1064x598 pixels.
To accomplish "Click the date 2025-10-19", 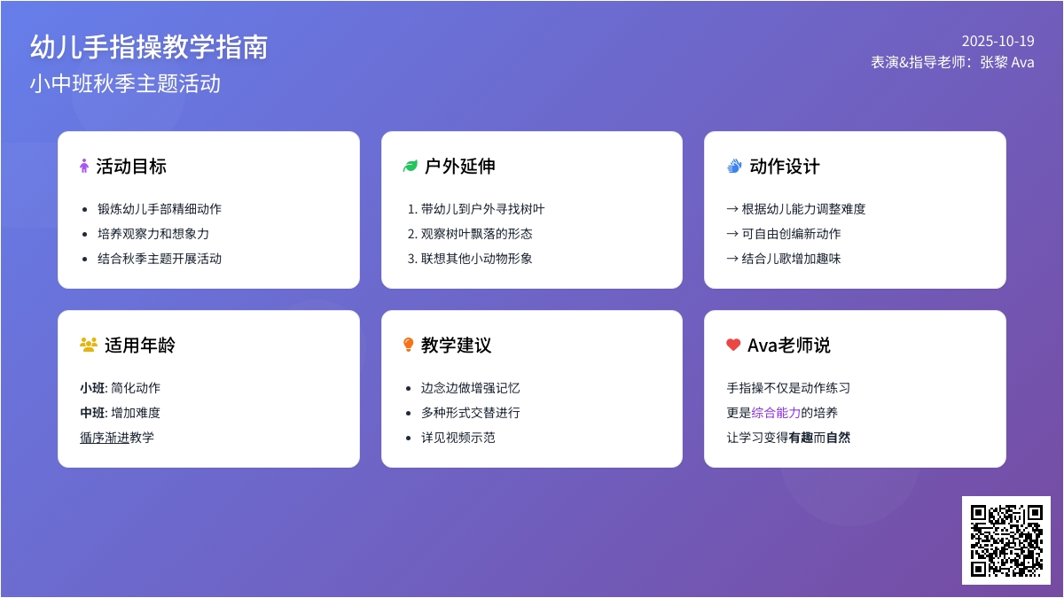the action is click(x=998, y=42).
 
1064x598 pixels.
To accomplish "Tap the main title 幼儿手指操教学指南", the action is click(x=149, y=47).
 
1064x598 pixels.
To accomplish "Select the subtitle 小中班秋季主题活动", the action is click(x=125, y=83).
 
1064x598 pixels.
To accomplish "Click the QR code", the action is click(x=1006, y=540).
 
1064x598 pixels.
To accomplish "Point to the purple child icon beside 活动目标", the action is click(x=84, y=167).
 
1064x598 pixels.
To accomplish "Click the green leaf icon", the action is click(x=410, y=167).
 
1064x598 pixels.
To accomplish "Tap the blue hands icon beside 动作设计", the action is click(x=734, y=167).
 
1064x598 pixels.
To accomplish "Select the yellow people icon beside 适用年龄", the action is click(x=89, y=345).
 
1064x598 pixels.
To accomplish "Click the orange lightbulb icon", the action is click(x=408, y=345).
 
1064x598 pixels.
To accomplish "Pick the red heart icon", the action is click(x=733, y=345).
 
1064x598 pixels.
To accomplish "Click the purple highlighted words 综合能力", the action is click(x=776, y=413).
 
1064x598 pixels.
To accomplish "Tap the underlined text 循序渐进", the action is click(x=105, y=438).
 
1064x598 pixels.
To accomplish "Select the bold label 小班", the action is click(x=92, y=388).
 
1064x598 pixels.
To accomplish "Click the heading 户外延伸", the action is click(x=460, y=167).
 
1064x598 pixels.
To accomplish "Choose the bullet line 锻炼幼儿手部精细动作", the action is click(x=160, y=209).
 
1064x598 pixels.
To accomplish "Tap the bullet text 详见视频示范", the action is click(x=458, y=438).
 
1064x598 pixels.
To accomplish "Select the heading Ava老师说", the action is click(x=788, y=345).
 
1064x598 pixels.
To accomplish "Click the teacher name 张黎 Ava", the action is click(x=1007, y=62).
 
